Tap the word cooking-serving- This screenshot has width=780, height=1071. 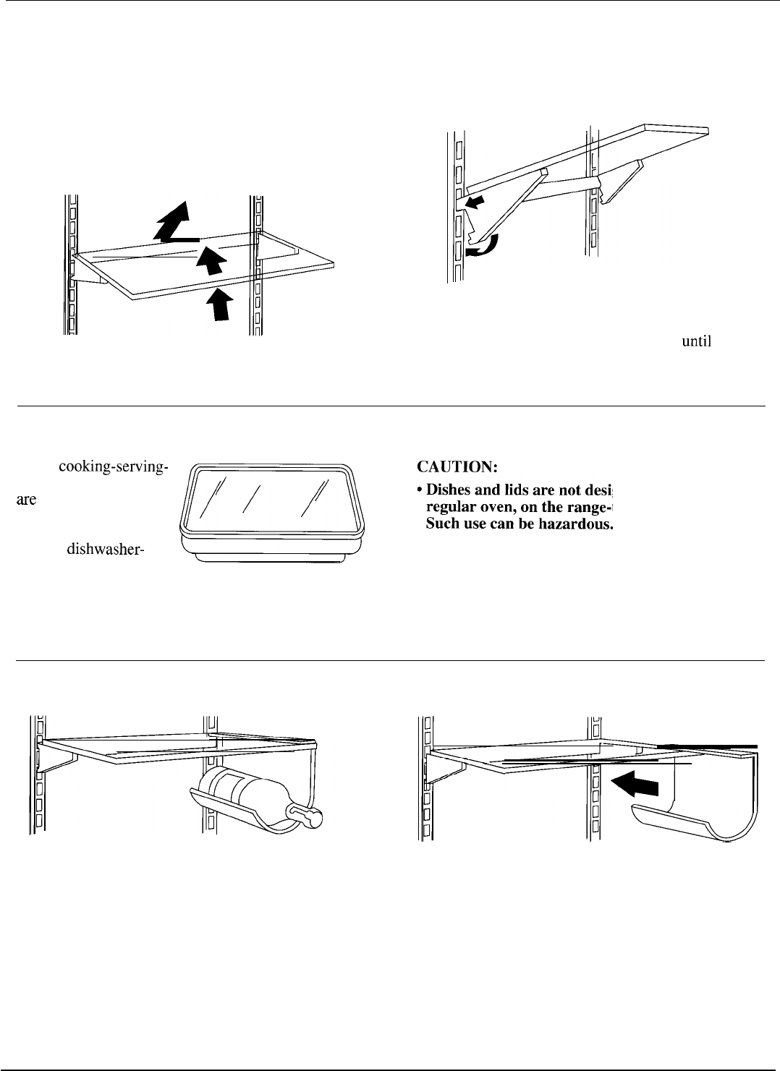[113, 466]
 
